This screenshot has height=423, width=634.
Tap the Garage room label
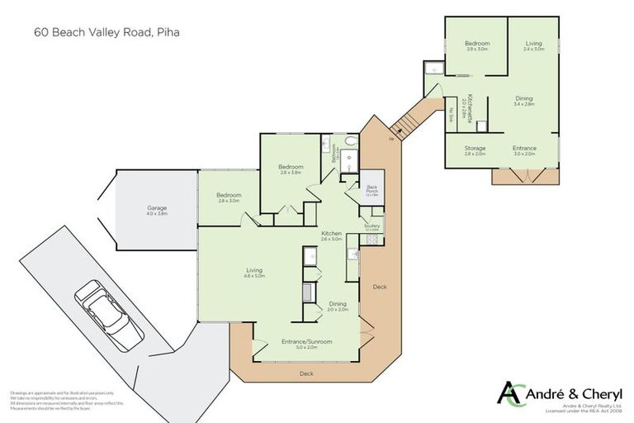pyautogui.click(x=157, y=210)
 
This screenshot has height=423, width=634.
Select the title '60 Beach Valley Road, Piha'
pyautogui.click(x=107, y=34)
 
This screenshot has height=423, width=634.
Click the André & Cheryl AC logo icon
pyautogui.click(x=512, y=393)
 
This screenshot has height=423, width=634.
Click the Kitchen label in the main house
pyautogui.click(x=332, y=235)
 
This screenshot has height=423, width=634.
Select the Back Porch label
pyautogui.click(x=371, y=192)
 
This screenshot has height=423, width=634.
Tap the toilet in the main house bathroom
pyautogui.click(x=351, y=142)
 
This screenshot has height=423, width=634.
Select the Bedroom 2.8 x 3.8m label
pyautogui.click(x=291, y=169)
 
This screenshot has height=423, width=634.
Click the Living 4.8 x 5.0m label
pyautogui.click(x=254, y=272)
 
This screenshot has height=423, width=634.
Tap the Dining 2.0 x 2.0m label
pyautogui.click(x=338, y=306)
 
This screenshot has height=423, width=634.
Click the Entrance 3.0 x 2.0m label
pyautogui.click(x=524, y=150)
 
